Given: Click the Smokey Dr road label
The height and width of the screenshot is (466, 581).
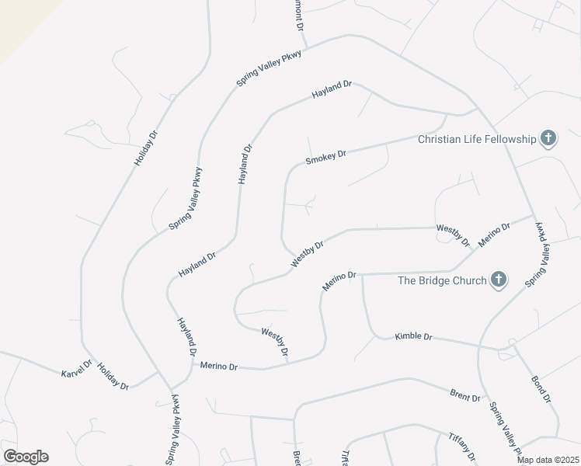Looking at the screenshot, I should (x=325, y=158).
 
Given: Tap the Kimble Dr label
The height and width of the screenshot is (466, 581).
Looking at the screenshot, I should (x=412, y=336).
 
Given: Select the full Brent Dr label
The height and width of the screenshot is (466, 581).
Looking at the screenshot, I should (x=465, y=396).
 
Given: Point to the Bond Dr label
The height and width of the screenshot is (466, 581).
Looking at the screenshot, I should (x=541, y=389).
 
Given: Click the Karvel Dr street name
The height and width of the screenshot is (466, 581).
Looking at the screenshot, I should (x=77, y=369).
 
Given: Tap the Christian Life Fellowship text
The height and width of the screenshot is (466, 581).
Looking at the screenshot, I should (x=477, y=139).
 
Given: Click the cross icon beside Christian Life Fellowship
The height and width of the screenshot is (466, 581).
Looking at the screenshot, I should (x=548, y=139).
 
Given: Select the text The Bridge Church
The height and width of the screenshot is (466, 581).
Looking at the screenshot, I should (x=442, y=280).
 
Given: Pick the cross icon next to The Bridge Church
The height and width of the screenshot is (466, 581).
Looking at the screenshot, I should (x=498, y=280).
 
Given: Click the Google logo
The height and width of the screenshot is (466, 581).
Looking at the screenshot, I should (x=26, y=457).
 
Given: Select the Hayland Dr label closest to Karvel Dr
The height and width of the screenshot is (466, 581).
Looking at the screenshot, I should (x=186, y=337).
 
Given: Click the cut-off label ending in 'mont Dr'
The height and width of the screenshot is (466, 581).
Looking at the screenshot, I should (x=297, y=14).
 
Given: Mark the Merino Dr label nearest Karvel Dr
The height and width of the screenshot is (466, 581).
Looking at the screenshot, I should (x=218, y=365).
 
